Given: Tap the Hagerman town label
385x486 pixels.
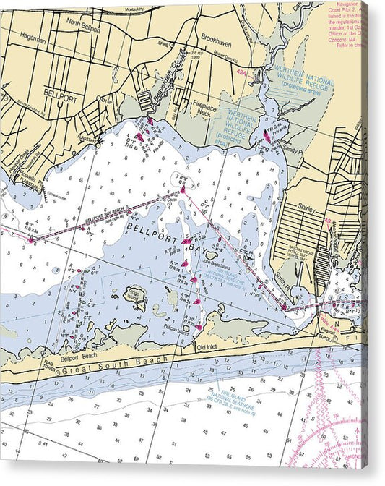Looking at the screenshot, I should pos(33,41).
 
